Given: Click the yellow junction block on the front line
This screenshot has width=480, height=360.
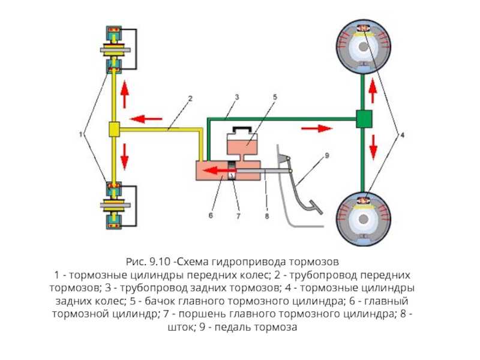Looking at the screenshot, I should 114,128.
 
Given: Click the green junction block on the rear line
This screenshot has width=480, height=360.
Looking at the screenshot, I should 364,119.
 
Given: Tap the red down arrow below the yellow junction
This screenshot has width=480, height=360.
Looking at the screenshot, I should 125,155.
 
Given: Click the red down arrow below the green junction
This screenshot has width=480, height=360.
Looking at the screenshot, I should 373,146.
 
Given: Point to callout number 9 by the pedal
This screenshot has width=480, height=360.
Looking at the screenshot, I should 326,155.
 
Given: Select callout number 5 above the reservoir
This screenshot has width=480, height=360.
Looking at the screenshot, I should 274,97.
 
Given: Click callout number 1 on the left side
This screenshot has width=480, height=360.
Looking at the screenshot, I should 80,136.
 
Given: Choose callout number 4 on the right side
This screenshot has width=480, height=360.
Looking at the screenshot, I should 403,136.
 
